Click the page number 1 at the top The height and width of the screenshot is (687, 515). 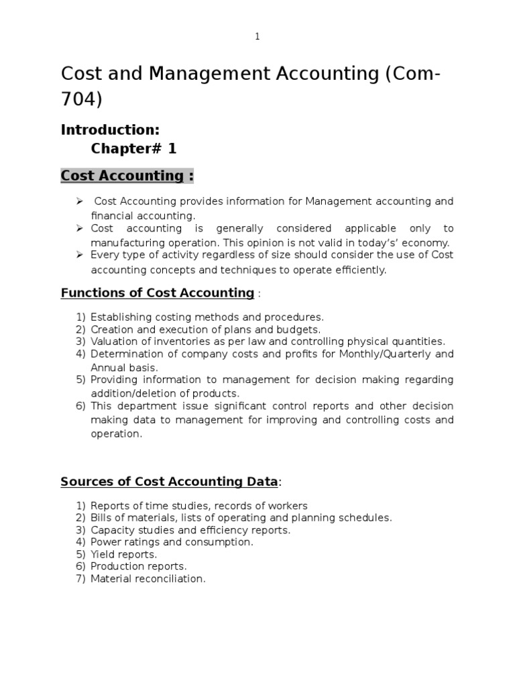[x=257, y=37]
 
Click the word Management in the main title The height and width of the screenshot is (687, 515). [x=202, y=74]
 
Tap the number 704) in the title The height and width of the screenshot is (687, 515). [x=82, y=99]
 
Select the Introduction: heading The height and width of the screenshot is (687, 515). [x=111, y=129]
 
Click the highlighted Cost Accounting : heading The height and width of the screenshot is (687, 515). [x=127, y=176]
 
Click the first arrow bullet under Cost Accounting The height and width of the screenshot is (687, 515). [x=79, y=201]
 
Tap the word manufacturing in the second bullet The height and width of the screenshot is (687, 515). [x=121, y=243]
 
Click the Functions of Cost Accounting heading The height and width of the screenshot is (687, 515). [x=158, y=293]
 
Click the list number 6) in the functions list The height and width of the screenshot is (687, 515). [x=80, y=406]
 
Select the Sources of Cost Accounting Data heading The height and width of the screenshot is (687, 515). [x=169, y=481]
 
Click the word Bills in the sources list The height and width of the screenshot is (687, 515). [x=101, y=517]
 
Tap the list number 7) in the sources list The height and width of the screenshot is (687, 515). [x=80, y=578]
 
